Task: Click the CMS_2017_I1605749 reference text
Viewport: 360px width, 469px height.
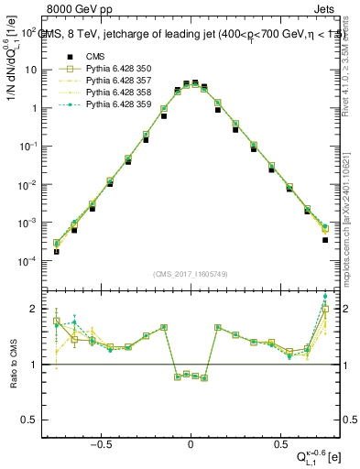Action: [x=190, y=274]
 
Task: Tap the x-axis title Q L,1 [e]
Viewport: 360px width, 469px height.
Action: [x=318, y=455]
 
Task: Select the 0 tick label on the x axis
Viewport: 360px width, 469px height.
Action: [x=191, y=439]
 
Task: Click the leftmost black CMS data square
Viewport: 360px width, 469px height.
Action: [x=56, y=252]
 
